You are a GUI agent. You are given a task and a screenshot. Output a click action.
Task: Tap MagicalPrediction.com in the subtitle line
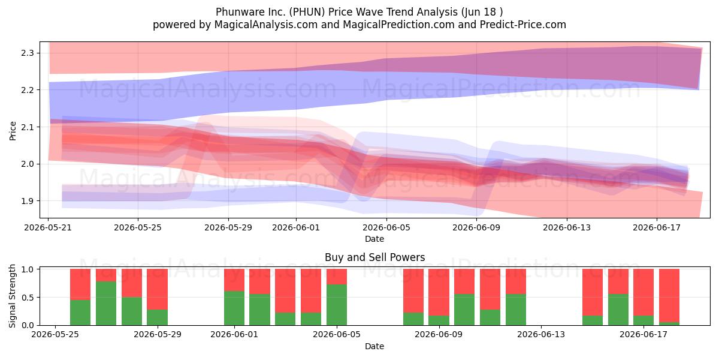[x=398, y=25]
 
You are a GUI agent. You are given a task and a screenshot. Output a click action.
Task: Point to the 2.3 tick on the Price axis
[x=28, y=53]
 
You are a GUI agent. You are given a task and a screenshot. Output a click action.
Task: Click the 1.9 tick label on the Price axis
[x=28, y=201]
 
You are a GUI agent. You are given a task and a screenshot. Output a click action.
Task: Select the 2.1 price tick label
[x=28, y=127]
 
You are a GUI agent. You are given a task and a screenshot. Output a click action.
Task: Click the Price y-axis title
[x=13, y=131]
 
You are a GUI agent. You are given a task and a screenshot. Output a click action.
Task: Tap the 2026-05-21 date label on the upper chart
[x=48, y=227]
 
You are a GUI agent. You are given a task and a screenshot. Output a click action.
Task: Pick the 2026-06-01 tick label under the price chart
[x=296, y=227]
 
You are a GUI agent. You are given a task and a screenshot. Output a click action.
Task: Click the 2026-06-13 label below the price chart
[x=567, y=227]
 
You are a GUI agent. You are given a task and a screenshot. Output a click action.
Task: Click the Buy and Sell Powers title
[x=374, y=257]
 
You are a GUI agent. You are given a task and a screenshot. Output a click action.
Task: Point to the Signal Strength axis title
[x=12, y=296]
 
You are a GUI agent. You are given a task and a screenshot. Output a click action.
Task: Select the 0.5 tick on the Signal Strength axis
[x=28, y=298]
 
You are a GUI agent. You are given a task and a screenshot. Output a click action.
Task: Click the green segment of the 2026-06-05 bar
[x=337, y=305]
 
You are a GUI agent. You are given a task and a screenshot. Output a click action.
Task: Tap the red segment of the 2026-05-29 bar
[x=157, y=289]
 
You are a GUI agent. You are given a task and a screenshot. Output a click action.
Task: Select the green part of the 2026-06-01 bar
[x=234, y=308]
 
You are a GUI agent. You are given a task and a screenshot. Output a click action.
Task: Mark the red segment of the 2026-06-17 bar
[x=644, y=292]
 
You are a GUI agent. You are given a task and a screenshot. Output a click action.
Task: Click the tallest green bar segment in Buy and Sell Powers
[x=106, y=303]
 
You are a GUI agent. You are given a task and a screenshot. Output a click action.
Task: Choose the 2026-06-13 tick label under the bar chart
[x=541, y=335]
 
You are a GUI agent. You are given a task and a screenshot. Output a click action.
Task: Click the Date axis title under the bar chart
[x=374, y=346]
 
